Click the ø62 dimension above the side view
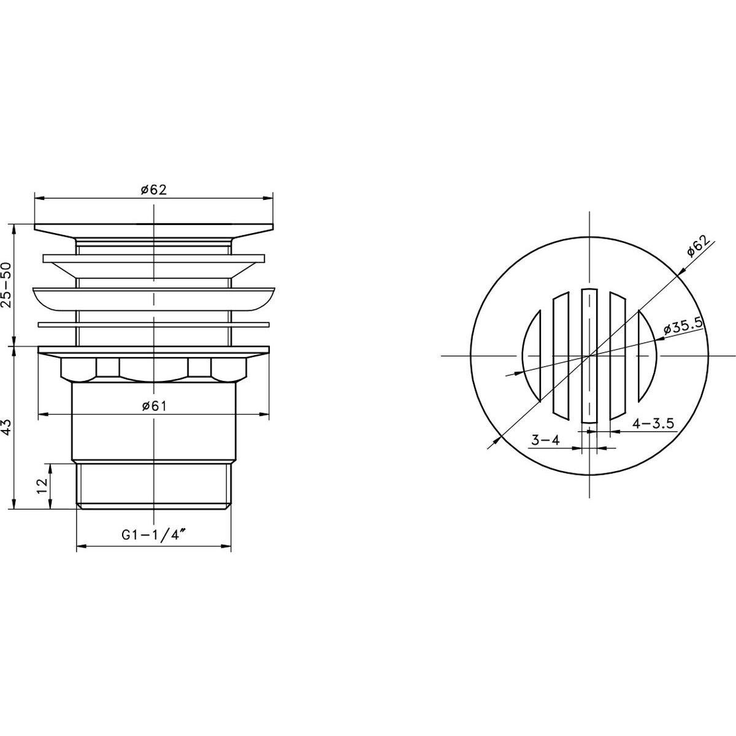(x=153, y=190)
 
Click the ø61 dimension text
(x=154, y=406)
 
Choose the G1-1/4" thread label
(x=154, y=535)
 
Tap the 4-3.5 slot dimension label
(x=653, y=424)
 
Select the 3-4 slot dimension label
(x=545, y=440)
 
